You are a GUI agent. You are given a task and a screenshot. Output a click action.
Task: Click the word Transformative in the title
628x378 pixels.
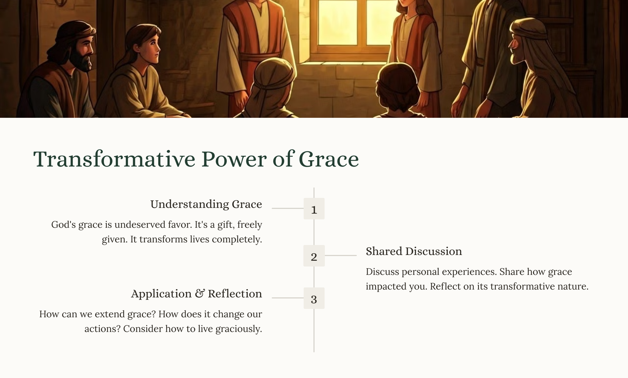point(114,159)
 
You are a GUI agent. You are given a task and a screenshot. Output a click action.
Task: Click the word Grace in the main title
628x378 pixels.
point(328,159)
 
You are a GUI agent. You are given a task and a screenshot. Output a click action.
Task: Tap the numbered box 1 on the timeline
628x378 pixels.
point(314,209)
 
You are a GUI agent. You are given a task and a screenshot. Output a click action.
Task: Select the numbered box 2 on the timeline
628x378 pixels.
point(314,256)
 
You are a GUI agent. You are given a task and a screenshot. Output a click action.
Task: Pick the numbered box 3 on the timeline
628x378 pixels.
point(314,298)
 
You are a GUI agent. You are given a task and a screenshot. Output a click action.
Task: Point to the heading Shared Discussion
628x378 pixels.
point(414,251)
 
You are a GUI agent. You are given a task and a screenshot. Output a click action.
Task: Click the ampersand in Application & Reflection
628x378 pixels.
point(200,294)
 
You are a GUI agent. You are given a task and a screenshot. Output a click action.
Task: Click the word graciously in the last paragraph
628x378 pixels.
point(239,329)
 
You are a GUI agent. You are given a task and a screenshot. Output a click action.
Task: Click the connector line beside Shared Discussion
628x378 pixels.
point(340,255)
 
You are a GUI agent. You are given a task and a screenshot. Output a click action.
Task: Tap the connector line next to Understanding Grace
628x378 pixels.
point(288,208)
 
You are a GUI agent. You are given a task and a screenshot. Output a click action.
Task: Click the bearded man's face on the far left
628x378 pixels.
point(83,52)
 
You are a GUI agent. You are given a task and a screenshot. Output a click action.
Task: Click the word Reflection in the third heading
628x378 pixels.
point(235,294)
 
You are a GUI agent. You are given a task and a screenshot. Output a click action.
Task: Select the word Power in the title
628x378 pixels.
point(234,159)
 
